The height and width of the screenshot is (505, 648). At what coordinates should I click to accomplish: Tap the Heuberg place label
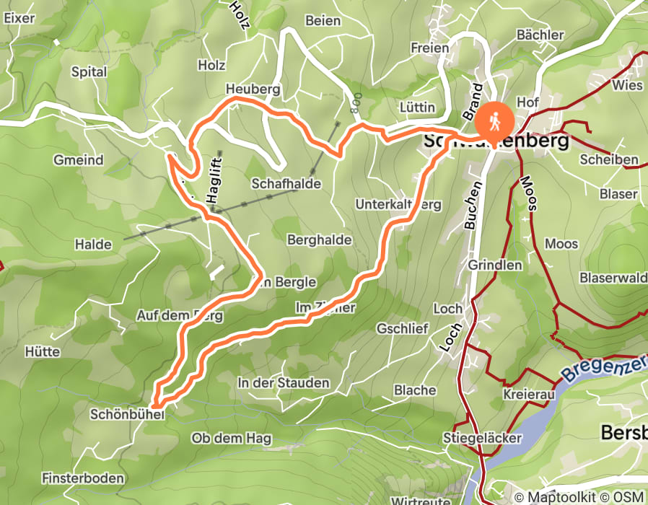252,89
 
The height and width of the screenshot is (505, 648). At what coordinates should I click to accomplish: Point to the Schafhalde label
286,184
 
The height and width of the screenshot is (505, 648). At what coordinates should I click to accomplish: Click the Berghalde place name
319,240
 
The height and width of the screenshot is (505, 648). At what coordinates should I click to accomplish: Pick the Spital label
89,72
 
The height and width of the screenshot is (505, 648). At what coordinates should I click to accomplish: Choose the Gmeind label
79,160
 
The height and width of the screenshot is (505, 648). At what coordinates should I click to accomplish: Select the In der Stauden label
284,383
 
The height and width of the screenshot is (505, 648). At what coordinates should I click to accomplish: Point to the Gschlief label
403,328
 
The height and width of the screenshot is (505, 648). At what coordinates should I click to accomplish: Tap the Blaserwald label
612,278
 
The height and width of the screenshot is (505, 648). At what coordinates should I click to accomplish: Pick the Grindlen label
495,265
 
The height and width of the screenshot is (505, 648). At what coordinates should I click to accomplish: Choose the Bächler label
540,35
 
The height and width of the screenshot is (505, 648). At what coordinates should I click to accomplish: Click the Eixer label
19,19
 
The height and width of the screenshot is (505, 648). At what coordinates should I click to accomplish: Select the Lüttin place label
417,107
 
